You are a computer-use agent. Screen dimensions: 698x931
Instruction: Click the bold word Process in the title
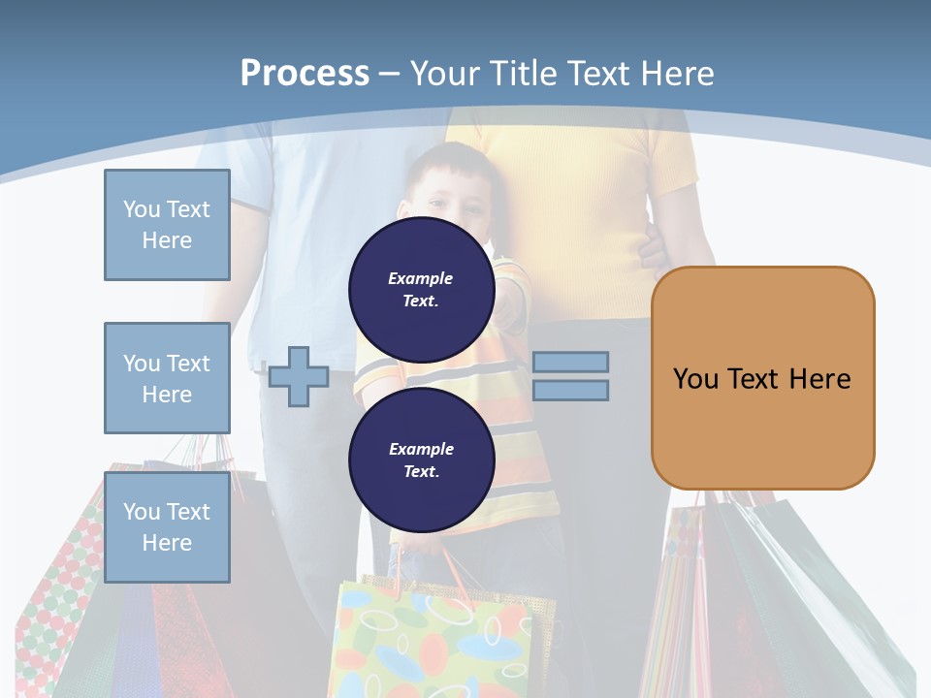[x=305, y=73]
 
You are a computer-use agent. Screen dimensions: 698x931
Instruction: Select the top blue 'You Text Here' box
[x=167, y=225]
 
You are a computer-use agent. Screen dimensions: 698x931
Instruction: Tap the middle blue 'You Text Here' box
[x=167, y=378]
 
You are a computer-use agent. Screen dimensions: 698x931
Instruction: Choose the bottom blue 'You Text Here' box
[x=167, y=526]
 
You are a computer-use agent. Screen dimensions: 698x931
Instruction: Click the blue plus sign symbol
[x=299, y=376]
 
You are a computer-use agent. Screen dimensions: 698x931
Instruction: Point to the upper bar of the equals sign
[x=570, y=362]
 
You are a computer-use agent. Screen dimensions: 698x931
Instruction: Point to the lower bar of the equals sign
[x=570, y=390]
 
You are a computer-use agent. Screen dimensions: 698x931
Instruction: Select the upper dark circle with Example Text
[x=421, y=289]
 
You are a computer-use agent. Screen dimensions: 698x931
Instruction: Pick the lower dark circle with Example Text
[x=421, y=460]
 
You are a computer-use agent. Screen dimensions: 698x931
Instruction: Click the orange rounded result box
[x=762, y=378]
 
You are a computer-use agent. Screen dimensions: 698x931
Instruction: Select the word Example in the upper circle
[x=421, y=278]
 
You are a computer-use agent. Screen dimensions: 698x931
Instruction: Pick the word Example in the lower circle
[x=421, y=449]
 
